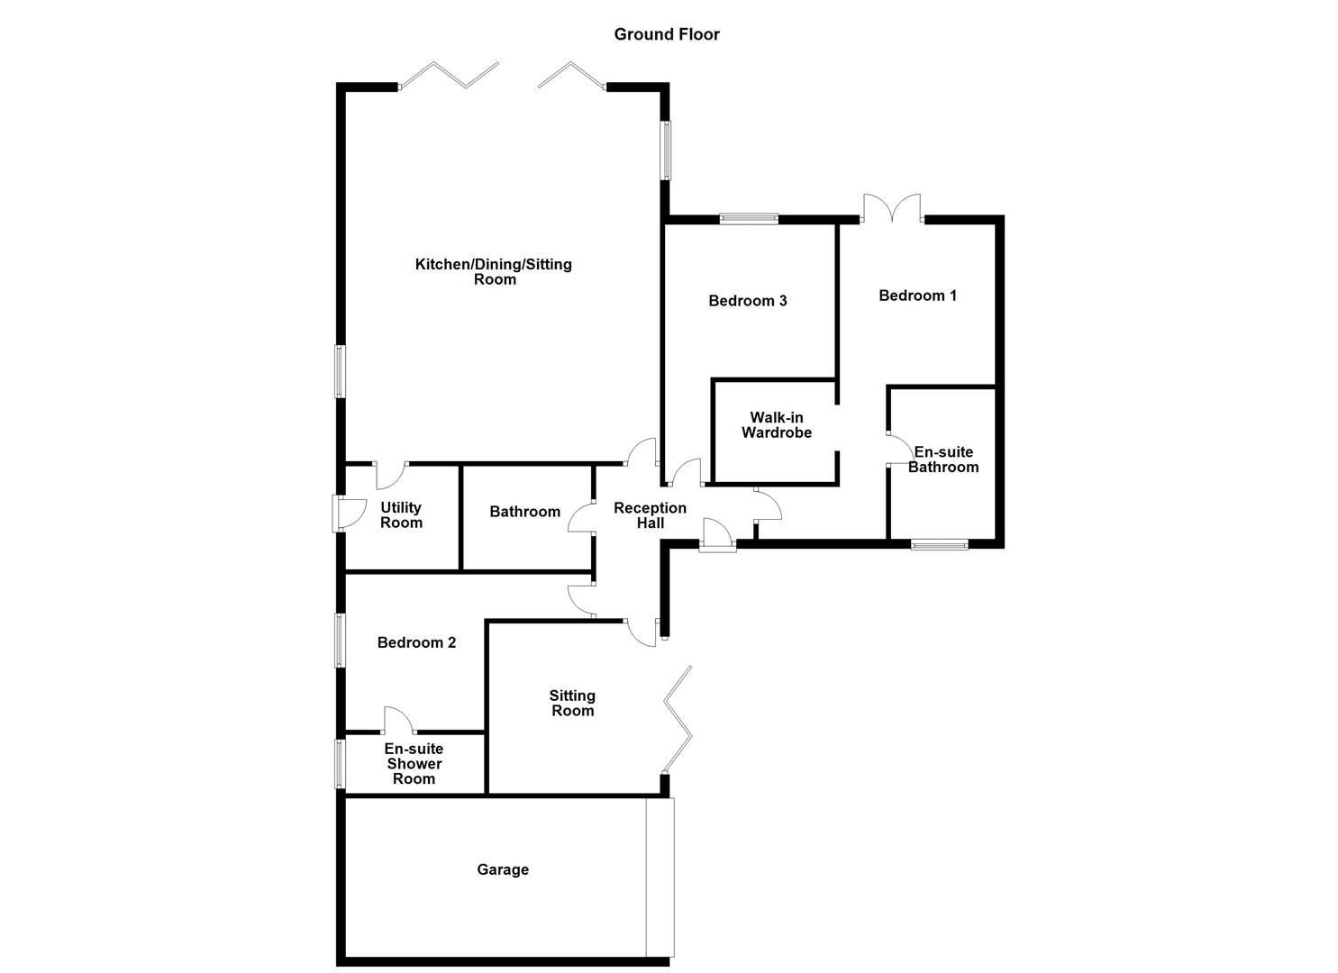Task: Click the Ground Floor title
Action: pos(667,34)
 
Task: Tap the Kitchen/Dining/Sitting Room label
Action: pos(494,271)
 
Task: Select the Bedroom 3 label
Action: pos(748,301)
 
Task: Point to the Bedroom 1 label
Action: pos(918,296)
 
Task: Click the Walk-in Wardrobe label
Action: pos(777,425)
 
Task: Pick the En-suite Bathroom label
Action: pos(943,459)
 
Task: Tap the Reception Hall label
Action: pos(650,515)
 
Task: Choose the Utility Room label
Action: pos(401,515)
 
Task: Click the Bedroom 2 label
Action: pos(416,642)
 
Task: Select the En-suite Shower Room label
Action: pos(414,764)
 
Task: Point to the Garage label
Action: pos(503,869)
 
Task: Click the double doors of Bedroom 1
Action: pos(892,209)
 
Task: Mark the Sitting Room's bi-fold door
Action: pos(678,719)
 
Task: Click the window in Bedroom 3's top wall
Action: pos(749,218)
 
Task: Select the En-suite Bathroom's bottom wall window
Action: pos(939,544)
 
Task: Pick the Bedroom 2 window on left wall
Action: pos(340,640)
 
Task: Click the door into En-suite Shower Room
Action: pos(397,721)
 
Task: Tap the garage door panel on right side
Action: pos(660,877)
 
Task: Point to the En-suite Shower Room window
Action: pos(340,762)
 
